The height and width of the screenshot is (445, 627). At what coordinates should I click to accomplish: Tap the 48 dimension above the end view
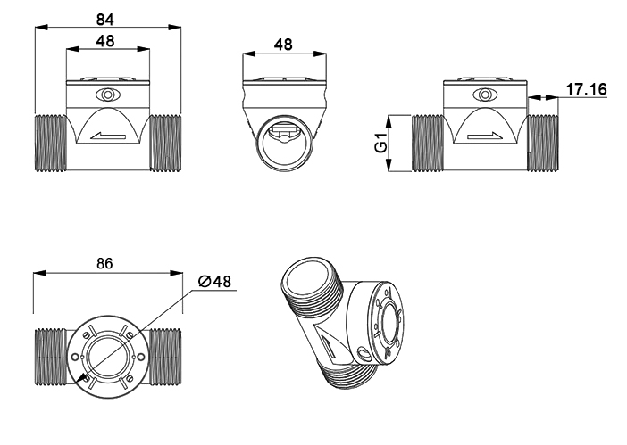pos(284,44)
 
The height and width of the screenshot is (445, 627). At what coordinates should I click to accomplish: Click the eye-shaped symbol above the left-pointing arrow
pos(108,95)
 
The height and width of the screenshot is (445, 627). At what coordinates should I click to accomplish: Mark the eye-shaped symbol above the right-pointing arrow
pos(485,95)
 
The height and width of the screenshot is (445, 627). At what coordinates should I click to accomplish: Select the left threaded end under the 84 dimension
pos(51,143)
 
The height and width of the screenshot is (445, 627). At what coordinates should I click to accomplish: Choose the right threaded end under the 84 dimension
pos(165,143)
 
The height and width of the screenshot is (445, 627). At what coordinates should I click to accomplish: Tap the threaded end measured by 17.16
pos(544,143)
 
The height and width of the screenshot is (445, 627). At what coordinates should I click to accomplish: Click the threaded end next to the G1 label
pos(426,143)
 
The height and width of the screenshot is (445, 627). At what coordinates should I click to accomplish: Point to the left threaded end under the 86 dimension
pos(51,355)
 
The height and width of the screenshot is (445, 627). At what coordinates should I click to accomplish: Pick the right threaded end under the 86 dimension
pos(166,355)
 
